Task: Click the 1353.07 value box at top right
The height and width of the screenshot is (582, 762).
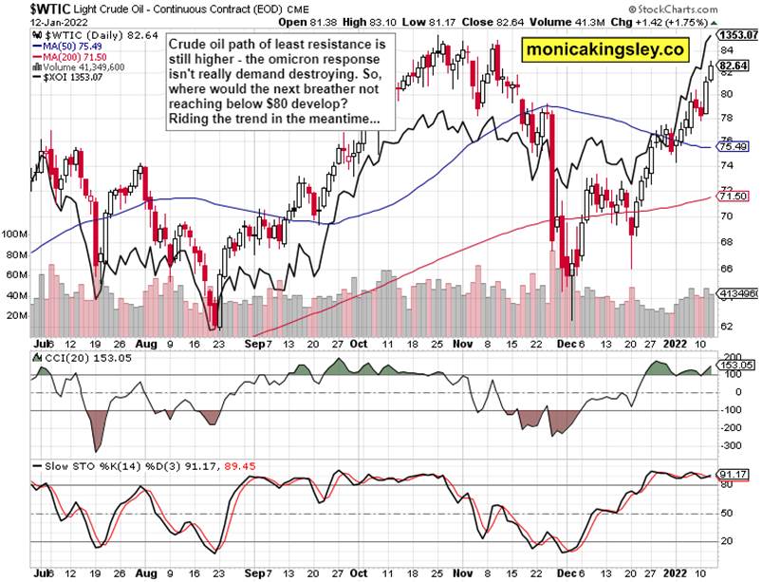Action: (x=738, y=35)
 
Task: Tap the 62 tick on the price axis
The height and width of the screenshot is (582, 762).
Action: (x=727, y=326)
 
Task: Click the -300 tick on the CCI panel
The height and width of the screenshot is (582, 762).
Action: (x=731, y=444)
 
